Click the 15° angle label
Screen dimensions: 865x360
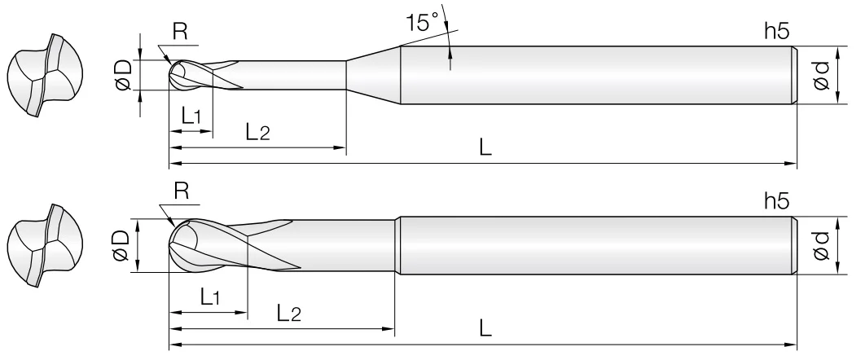pyautogui.click(x=422, y=22)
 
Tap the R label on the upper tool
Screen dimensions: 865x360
pyautogui.click(x=180, y=32)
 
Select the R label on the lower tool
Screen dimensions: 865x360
pyautogui.click(x=182, y=191)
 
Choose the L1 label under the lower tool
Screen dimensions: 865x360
pyautogui.click(x=210, y=297)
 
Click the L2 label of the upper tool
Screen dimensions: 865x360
pyautogui.click(x=257, y=132)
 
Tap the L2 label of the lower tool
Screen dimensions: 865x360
pyautogui.click(x=288, y=313)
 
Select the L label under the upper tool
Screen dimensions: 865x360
pyautogui.click(x=485, y=147)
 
